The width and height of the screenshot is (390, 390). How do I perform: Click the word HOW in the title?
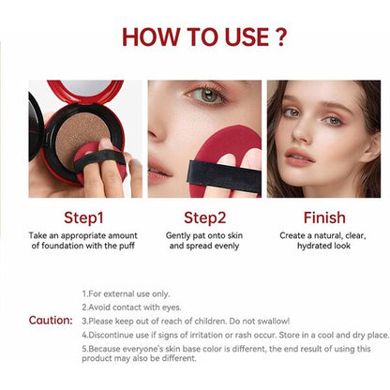(x=152, y=38)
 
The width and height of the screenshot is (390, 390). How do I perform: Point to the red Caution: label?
(x=50, y=320)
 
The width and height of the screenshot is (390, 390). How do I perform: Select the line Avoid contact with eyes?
(x=134, y=307)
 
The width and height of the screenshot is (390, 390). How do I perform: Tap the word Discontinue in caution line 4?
(x=112, y=335)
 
